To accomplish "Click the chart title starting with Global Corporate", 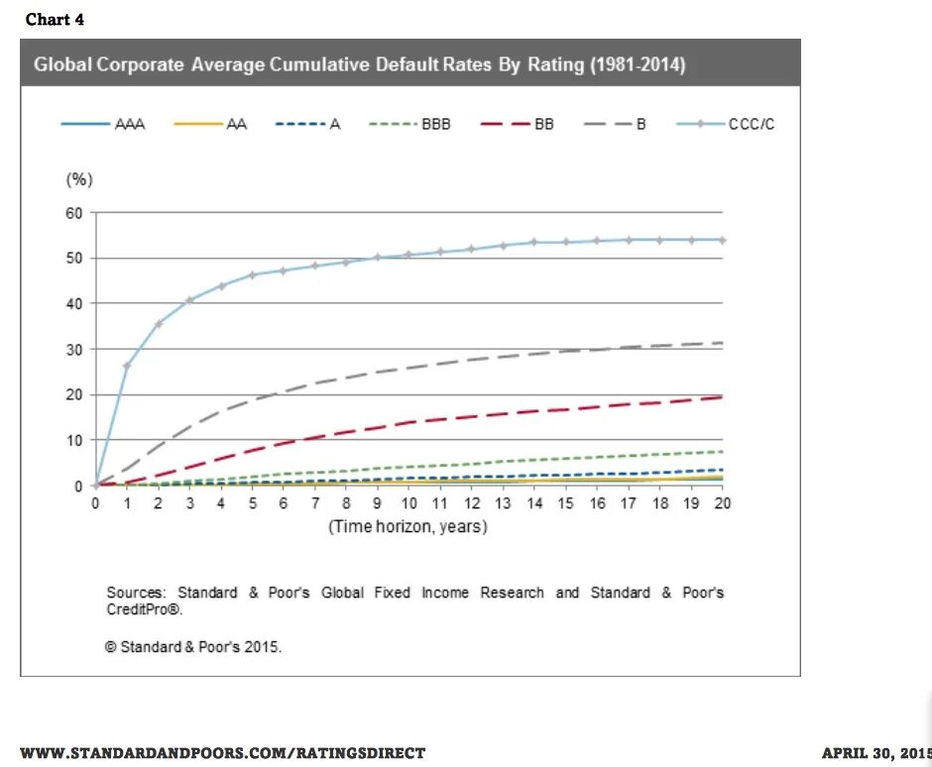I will (360, 65).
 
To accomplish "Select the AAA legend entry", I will (104, 125).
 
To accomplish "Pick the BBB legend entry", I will (410, 125).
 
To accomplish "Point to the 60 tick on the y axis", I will (73, 212).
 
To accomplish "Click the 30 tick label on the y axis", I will (73, 349).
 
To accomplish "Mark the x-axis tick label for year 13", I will (503, 503).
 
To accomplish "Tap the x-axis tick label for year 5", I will (252, 503).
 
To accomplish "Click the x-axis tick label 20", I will (723, 503).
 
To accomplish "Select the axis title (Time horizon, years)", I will (408, 527).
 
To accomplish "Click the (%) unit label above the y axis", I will (79, 179).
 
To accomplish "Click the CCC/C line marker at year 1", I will (127, 366).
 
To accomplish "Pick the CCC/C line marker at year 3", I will (189, 300).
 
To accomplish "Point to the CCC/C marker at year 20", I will (723, 240).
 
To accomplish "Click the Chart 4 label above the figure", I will (55, 20).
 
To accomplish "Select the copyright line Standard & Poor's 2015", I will (193, 646).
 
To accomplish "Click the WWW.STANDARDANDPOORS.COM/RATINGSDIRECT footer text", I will (222, 753).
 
